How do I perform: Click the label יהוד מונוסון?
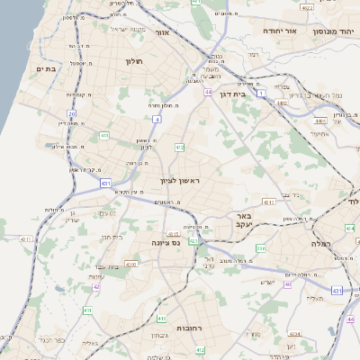332,31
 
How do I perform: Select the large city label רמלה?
322,244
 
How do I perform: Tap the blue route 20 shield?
72,112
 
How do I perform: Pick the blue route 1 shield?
261,92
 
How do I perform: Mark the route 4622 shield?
308,7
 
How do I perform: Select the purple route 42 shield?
95,288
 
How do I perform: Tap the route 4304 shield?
131,265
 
